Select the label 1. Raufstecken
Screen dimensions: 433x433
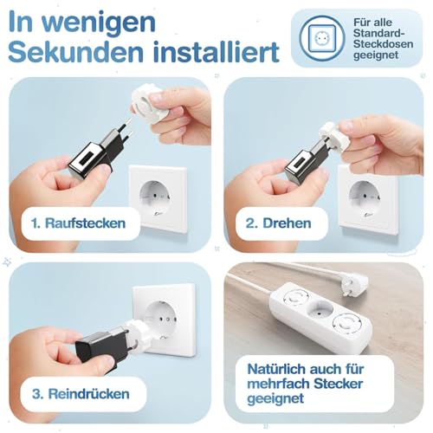pyautogui.click(x=77, y=223)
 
